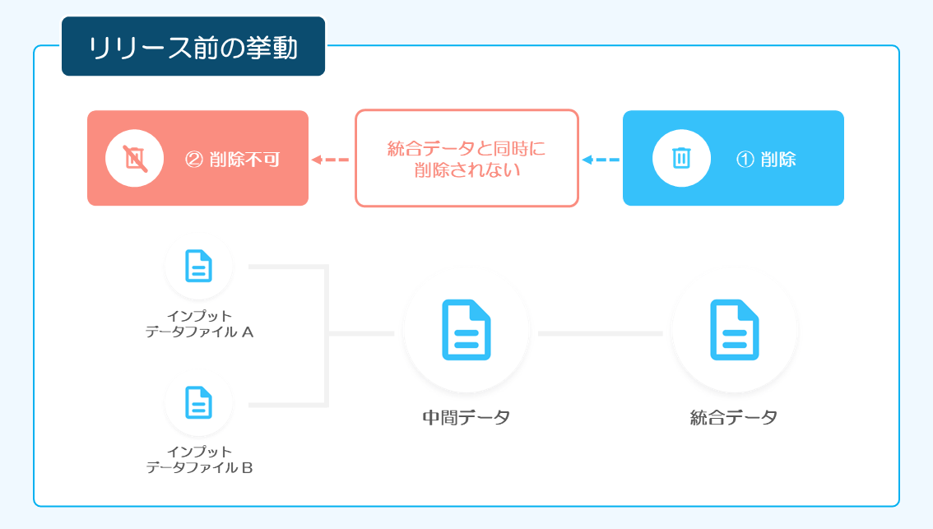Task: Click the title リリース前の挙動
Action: [x=193, y=48]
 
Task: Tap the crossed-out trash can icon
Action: [x=135, y=158]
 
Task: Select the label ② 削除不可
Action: [x=232, y=160]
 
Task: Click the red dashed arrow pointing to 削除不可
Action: [x=330, y=160]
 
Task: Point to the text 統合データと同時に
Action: [x=466, y=148]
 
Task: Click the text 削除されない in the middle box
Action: [x=467, y=170]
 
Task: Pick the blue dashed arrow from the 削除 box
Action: [x=601, y=160]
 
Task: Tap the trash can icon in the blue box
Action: [x=681, y=158]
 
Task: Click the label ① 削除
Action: [x=766, y=160]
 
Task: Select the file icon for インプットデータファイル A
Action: [x=199, y=266]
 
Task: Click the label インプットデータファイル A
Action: [x=199, y=323]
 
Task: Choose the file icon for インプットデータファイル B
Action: [x=199, y=403]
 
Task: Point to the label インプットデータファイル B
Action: [x=199, y=459]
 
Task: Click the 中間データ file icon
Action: [x=466, y=330]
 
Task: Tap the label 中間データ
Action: [x=466, y=417]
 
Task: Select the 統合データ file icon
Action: [x=735, y=330]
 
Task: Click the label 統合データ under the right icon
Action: [x=734, y=417]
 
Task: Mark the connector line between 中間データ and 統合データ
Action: [x=601, y=333]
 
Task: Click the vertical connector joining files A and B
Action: [x=327, y=336]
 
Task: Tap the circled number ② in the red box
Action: [x=194, y=160]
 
